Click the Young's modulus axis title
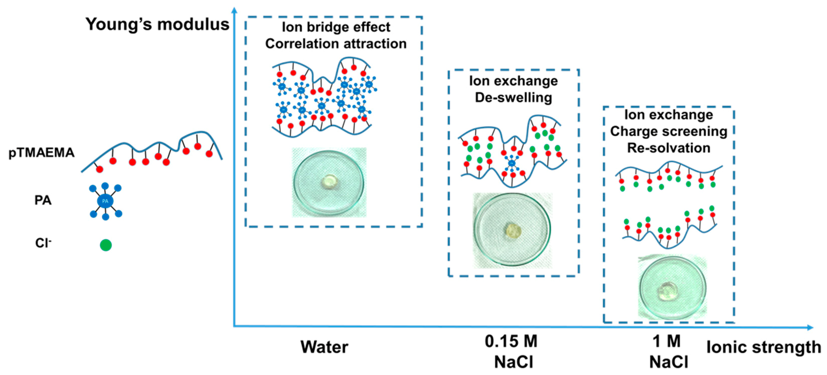(x=157, y=24)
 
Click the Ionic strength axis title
(x=763, y=347)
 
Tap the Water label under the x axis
(x=324, y=347)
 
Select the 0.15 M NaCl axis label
(x=511, y=352)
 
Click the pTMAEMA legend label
(x=42, y=153)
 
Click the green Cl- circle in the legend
(x=106, y=245)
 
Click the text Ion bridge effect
(x=336, y=27)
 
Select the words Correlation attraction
(x=336, y=44)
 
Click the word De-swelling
(x=513, y=98)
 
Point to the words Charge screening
(x=668, y=131)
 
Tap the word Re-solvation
(x=668, y=148)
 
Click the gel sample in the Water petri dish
(x=329, y=181)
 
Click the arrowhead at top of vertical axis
(x=235, y=10)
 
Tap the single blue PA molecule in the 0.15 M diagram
(x=511, y=163)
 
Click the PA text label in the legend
(x=43, y=200)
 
